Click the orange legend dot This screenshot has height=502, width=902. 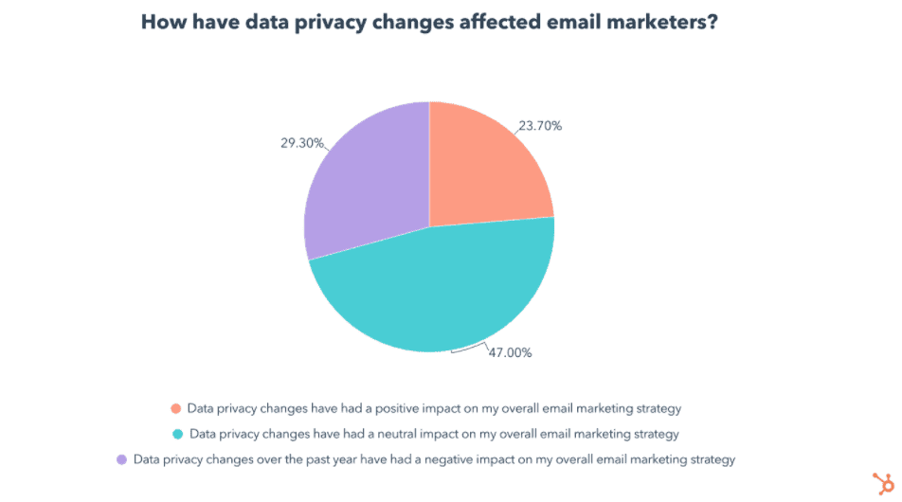click(x=175, y=409)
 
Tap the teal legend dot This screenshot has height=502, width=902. click(x=177, y=435)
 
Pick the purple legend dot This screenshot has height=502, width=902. click(x=121, y=460)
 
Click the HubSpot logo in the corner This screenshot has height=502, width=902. click(x=879, y=480)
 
